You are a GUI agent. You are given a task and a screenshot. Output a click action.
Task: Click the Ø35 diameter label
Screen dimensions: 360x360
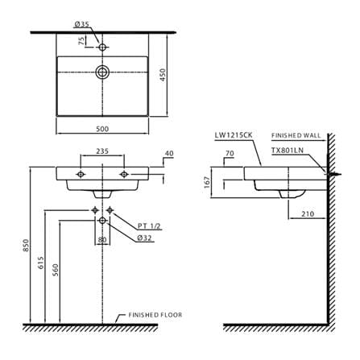(x=81, y=24)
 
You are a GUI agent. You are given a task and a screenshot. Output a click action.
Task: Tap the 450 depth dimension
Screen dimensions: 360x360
(x=163, y=75)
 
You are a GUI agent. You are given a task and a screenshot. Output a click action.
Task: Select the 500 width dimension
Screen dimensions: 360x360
(x=102, y=129)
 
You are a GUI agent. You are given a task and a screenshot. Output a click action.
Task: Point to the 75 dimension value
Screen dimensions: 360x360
(x=81, y=41)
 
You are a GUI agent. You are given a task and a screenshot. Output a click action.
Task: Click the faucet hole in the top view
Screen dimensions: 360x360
(x=102, y=48)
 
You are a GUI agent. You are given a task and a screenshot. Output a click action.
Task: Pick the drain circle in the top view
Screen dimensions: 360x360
(x=102, y=72)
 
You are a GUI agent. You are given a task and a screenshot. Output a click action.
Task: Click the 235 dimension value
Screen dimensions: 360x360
(x=102, y=151)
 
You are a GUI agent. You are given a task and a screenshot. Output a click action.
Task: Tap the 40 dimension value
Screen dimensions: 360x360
(x=169, y=154)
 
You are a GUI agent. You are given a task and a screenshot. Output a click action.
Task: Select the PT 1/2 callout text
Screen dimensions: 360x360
(x=149, y=226)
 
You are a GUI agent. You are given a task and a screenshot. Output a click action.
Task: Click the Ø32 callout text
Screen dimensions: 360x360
(x=144, y=238)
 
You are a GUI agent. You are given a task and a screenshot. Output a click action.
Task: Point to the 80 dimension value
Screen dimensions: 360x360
(x=102, y=240)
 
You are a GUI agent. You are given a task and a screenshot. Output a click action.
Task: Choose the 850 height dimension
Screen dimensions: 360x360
(x=26, y=245)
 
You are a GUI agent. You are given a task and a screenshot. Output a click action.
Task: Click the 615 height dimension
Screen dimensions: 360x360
(x=41, y=263)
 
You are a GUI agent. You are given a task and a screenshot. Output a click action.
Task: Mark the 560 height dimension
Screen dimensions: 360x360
(x=56, y=270)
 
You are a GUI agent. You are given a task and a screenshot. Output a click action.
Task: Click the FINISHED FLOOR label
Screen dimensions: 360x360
(x=155, y=315)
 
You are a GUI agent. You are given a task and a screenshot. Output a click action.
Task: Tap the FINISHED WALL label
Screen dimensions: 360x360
(x=296, y=135)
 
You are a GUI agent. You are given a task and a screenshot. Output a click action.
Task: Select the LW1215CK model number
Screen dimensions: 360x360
(x=234, y=135)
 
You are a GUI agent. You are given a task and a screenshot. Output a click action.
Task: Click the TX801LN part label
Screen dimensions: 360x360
(x=288, y=151)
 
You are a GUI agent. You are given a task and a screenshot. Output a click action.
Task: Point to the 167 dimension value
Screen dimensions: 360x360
(x=207, y=182)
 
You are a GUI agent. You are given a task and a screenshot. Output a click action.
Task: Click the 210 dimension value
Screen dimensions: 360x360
(x=308, y=214)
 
